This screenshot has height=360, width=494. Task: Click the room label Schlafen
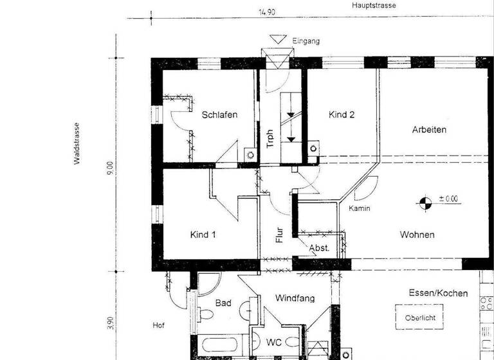[x=219, y=115]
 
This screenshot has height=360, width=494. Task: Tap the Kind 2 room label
[x=342, y=115]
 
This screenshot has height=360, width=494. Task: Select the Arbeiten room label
[x=429, y=129]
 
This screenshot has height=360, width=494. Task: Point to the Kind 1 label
[x=203, y=235]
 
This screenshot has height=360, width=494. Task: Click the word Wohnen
[x=417, y=235]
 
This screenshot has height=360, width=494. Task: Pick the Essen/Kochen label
[x=438, y=293]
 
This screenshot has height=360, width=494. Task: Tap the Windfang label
[x=294, y=298]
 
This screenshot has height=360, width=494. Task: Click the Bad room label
[x=223, y=303]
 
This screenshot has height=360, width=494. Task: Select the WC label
[x=274, y=343]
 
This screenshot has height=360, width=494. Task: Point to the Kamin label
[x=360, y=209]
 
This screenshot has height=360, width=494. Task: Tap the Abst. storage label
[x=319, y=248]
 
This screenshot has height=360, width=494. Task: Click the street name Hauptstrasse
[x=374, y=6]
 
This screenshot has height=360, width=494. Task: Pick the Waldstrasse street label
[x=77, y=144]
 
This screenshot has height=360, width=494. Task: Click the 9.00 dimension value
[x=110, y=168]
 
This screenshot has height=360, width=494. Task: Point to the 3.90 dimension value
[x=110, y=322]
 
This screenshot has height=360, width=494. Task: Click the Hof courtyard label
[x=159, y=325]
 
